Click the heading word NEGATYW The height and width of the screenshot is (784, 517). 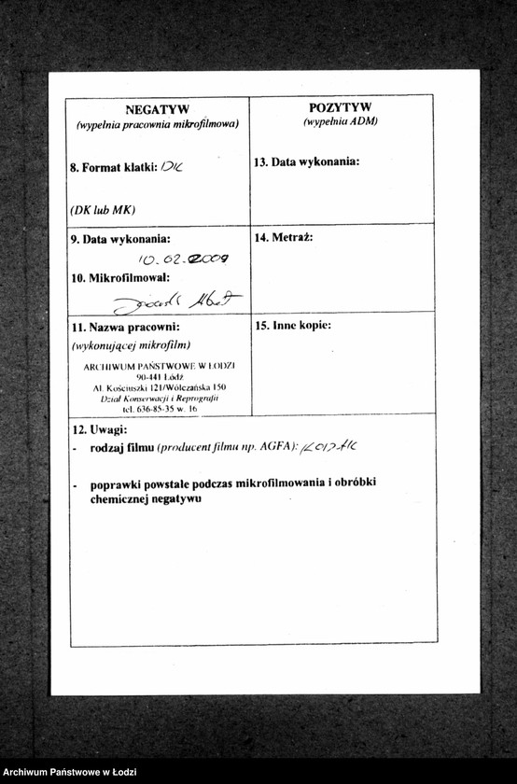point(157,109)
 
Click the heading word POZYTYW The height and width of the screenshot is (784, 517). point(340,107)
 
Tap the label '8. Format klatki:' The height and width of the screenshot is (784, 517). point(113,168)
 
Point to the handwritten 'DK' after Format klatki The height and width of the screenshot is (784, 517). point(172,167)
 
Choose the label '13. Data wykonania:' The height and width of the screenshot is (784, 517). point(306,161)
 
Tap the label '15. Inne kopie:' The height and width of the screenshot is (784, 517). point(293,326)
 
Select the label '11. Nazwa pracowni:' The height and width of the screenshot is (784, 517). point(125,328)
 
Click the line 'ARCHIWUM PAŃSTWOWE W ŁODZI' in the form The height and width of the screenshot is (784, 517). point(159,366)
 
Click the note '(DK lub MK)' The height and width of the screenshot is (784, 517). point(103,210)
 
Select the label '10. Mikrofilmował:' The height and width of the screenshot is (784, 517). point(120,278)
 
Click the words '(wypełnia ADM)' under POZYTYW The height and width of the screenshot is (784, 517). point(340,121)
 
